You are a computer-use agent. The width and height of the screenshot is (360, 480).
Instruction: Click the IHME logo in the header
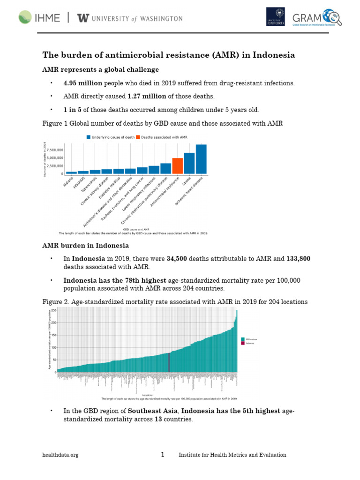click(39, 18)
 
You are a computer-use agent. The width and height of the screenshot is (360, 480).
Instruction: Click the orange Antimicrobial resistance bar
click(177, 166)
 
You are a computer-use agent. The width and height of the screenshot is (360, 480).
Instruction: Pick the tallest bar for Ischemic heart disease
click(201, 159)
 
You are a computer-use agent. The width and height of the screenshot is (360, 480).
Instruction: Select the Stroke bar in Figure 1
click(189, 163)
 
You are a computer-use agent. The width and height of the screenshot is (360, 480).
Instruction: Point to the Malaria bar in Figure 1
click(71, 172)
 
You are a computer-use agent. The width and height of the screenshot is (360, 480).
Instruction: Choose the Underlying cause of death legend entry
click(110, 137)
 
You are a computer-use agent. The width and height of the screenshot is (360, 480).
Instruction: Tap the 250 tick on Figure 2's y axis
click(54, 310)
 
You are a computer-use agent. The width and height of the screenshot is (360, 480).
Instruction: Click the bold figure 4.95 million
click(83, 83)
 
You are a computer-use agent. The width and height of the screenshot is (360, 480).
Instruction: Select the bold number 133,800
click(295, 258)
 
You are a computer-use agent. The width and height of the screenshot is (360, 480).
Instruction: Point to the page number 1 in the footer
click(163, 455)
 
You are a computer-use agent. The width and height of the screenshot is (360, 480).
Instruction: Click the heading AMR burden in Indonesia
click(86, 246)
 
